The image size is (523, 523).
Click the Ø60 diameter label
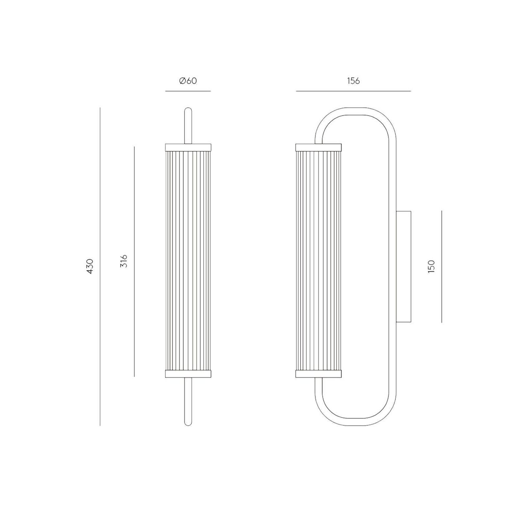click(188, 81)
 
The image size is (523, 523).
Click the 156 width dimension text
click(353, 81)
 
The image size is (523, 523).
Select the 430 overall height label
click(90, 266)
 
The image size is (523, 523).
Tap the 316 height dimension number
click(124, 261)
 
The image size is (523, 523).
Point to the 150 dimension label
click(432, 266)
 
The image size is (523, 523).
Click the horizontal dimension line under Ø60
click(188, 91)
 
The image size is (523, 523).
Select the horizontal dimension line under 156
click(353, 91)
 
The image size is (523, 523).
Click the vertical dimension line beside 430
click(100, 266)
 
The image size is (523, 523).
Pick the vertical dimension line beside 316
click(134, 261)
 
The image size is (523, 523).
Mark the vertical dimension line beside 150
click(442, 266)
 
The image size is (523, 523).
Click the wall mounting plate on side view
click(403, 266)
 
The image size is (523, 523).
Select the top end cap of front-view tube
click(188, 147)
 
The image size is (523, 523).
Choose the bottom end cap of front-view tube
click(188, 374)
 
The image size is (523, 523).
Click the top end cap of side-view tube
click(319, 147)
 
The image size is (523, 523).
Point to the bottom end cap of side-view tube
click(319, 374)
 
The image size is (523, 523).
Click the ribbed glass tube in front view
click(188, 261)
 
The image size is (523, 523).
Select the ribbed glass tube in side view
click(319, 261)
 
